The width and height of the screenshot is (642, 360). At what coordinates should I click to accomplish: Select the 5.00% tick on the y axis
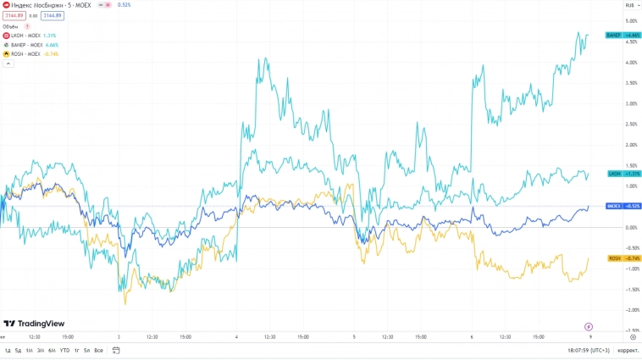pos(630,21)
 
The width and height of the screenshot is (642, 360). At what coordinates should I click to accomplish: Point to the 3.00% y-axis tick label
pos(630,103)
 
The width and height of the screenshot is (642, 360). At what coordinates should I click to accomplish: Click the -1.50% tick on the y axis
pos(630,290)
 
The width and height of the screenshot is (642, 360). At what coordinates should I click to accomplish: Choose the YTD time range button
pos(64,350)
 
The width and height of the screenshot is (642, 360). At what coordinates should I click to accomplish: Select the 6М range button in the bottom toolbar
pos(52,350)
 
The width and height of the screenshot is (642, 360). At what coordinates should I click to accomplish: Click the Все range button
pos(98,350)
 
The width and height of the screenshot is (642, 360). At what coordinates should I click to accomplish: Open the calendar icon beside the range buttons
pos(116,350)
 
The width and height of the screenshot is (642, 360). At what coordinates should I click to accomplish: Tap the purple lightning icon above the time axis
pos(589,326)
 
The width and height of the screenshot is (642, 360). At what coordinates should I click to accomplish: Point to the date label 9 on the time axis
pos(589,336)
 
